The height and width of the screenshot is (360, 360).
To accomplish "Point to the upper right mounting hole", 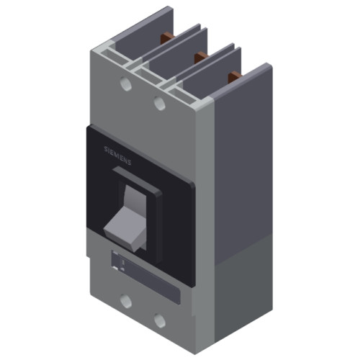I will (x=160, y=104).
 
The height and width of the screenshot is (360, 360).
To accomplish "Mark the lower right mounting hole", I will (x=160, y=320).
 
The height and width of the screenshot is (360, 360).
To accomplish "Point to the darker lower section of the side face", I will (x=245, y=295).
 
